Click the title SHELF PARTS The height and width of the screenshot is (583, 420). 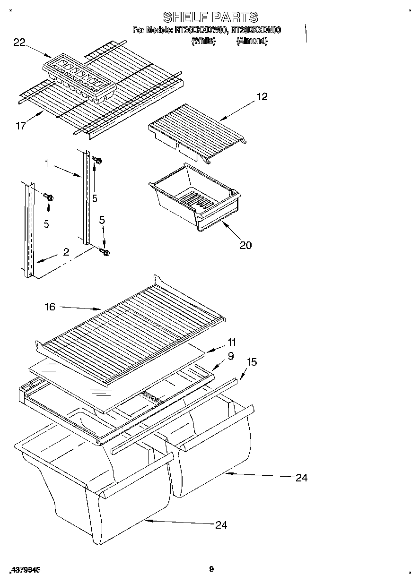210,17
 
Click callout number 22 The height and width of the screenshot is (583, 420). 19,43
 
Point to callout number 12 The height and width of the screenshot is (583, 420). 262,96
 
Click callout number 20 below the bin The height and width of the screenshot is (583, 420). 245,245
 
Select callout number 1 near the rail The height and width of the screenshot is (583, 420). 47,163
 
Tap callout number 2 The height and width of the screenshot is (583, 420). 66,252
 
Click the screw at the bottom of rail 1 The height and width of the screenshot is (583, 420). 105,252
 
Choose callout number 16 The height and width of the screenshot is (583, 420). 50,307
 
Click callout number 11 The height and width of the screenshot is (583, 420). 232,342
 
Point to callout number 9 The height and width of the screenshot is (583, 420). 231,356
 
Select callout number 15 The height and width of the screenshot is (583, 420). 252,362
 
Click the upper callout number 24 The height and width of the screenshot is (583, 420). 301,478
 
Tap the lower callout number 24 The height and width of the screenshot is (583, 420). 221,524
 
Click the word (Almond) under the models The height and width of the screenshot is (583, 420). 252,42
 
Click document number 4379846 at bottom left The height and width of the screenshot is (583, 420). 25,570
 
